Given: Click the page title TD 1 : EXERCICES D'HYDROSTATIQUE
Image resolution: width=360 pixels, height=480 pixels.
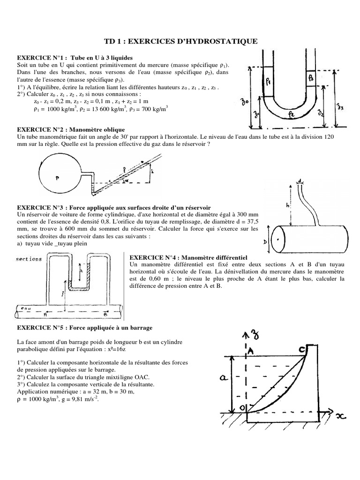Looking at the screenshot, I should tap(180, 41).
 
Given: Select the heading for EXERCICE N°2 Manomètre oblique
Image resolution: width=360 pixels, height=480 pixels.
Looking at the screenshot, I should tap(71, 128).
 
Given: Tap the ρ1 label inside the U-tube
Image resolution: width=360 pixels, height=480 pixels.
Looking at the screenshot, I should tap(269, 81).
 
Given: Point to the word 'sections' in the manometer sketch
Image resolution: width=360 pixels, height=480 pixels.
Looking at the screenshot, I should tap(29, 259).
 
